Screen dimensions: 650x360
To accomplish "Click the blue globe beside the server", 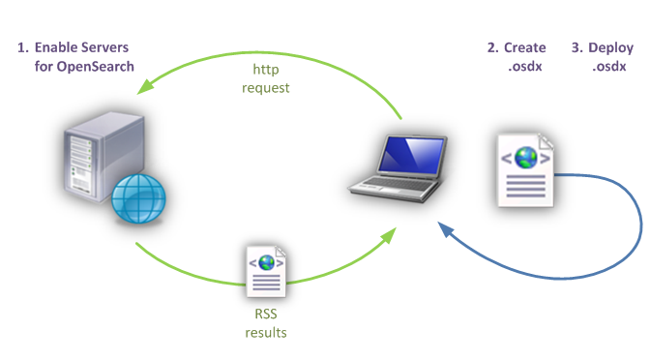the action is tap(138, 198).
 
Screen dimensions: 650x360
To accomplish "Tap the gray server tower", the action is tap(103, 157).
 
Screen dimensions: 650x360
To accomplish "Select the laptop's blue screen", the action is tap(411, 156).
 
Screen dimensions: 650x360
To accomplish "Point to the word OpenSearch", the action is tap(95, 67).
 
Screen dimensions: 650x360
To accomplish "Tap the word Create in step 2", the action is tap(525, 47).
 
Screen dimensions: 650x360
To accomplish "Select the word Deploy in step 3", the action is tap(611, 48).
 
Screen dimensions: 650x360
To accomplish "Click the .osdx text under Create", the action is tap(525, 67).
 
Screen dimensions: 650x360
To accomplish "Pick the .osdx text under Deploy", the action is tap(609, 67).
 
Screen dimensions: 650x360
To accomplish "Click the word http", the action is tap(266, 70).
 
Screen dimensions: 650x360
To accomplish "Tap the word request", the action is tap(266, 88).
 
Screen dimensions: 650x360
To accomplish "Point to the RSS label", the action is tap(266, 314).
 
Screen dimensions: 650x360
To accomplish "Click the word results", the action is tap(266, 333).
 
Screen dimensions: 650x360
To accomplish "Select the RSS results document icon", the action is tap(266, 272).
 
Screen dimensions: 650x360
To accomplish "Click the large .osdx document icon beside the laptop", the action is tap(526, 170).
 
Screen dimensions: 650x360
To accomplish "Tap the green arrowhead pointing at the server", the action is tap(145, 86).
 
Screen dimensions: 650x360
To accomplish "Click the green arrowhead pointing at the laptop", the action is tap(389, 235).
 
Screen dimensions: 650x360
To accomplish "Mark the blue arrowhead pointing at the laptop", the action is tap(446, 229).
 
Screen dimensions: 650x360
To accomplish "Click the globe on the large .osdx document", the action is tap(525, 158).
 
